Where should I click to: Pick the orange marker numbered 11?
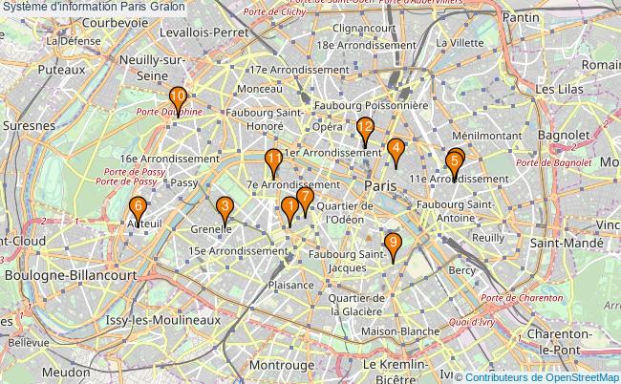click(273, 160)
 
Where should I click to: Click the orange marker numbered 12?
click(364, 128)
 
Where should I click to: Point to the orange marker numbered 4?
click(395, 149)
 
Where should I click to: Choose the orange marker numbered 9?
click(393, 244)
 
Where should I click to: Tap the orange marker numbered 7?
click(305, 198)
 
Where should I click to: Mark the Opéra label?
click(327, 126)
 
